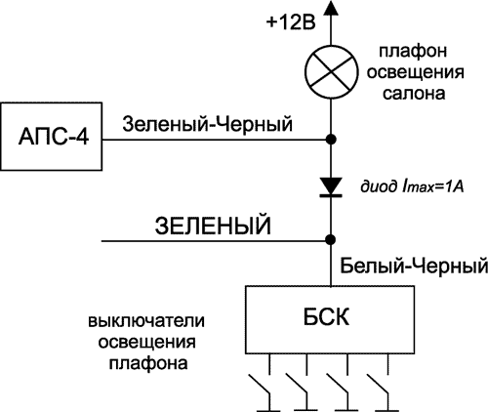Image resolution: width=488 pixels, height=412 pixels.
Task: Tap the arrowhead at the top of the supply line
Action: pyautogui.click(x=332, y=9)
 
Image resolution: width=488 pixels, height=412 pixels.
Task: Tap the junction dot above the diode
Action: pyautogui.click(x=332, y=140)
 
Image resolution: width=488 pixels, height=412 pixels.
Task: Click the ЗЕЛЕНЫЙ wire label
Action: pyautogui.click(x=212, y=227)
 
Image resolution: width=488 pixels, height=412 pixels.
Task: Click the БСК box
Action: pyautogui.click(x=331, y=318)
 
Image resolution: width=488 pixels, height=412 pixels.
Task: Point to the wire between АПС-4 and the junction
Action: pyautogui.click(x=215, y=140)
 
